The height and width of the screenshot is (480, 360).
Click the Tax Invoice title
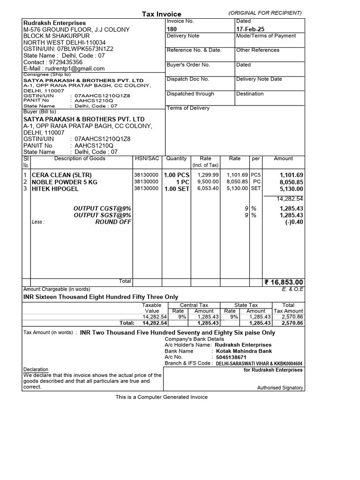(x=161, y=14)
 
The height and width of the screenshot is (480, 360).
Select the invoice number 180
(x=172, y=29)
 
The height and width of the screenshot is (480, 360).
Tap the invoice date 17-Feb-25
(x=250, y=29)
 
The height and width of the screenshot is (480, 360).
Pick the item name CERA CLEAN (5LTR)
(x=58, y=175)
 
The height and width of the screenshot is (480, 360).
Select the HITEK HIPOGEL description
(x=55, y=189)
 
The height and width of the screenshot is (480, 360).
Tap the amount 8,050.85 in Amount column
(x=291, y=182)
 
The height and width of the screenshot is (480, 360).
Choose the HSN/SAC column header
(x=146, y=158)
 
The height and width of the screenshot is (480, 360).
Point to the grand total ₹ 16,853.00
(x=284, y=282)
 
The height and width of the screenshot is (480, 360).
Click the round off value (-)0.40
(x=294, y=222)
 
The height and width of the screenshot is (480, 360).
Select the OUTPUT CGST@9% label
(x=102, y=208)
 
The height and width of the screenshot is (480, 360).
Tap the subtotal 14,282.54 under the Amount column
(x=290, y=199)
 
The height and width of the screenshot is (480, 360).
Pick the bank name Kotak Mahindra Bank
(x=243, y=351)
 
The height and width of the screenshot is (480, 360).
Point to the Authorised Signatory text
(x=280, y=388)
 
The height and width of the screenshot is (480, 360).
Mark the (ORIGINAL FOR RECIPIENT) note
(x=265, y=13)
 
